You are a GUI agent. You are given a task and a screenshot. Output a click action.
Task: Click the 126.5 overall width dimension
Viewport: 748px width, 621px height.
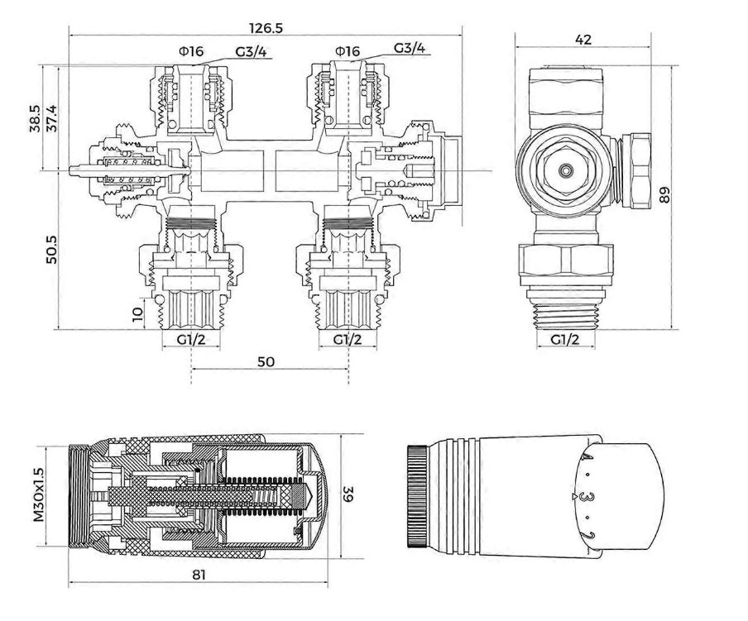[x=266, y=26]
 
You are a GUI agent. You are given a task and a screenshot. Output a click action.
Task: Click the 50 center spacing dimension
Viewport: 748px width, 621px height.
[x=266, y=362]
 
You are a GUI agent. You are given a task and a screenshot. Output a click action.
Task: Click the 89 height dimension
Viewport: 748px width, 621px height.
[x=665, y=194]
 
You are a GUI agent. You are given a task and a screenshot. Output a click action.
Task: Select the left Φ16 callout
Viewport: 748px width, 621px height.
[x=189, y=51]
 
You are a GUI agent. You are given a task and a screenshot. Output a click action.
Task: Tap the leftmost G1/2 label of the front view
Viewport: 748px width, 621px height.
[x=190, y=340]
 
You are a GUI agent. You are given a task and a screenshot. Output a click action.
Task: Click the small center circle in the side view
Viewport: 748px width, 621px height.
[x=565, y=171]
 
